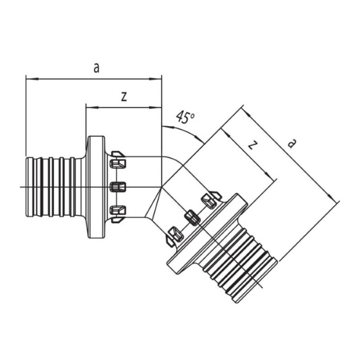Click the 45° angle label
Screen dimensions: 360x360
click(185, 117)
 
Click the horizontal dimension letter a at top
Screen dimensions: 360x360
click(97, 68)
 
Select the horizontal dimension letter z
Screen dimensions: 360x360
click(124, 98)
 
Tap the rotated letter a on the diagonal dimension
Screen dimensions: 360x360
click(292, 143)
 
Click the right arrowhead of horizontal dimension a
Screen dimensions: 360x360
click(156, 79)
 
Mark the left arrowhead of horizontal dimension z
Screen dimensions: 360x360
click(92, 108)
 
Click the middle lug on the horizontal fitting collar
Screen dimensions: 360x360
click(118, 187)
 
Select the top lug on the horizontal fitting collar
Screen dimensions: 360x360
click(118, 164)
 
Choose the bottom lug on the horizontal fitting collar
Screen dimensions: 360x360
click(118, 210)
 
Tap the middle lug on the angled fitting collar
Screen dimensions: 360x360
click(193, 217)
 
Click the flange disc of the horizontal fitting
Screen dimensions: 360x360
click(97, 187)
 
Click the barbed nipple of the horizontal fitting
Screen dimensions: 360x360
click(54, 187)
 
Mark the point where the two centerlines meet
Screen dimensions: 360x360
click(162, 187)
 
